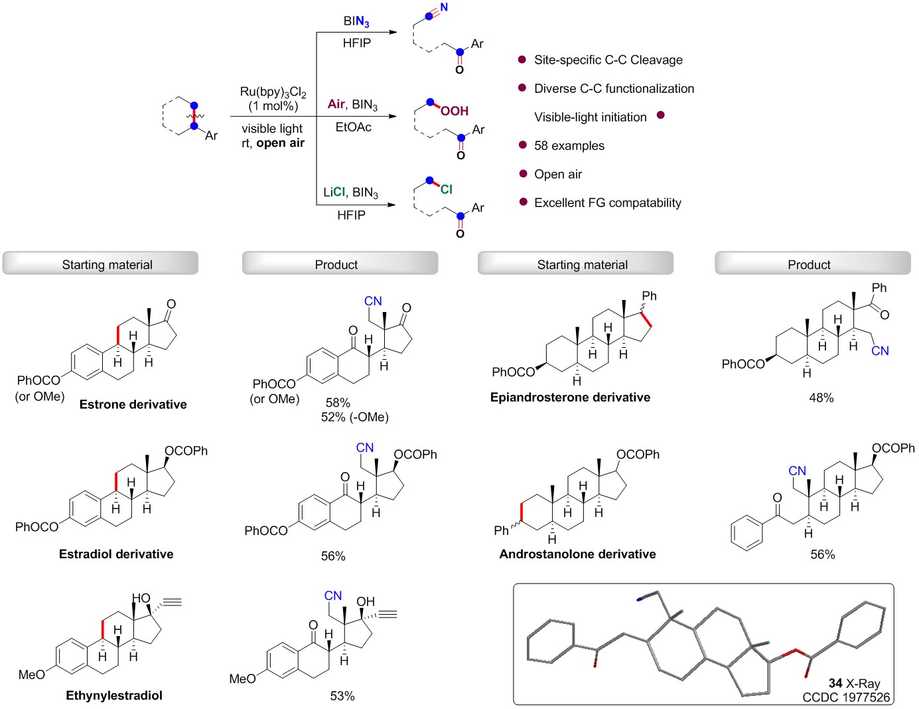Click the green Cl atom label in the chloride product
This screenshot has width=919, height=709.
447,189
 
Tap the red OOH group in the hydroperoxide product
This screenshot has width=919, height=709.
455,111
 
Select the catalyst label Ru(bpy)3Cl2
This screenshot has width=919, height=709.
273,92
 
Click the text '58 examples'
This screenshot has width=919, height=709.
569,145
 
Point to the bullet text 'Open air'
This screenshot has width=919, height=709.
558,174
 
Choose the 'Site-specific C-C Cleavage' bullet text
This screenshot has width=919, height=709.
608,60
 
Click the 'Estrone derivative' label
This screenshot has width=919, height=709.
133,404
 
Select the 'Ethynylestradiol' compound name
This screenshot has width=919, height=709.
114,695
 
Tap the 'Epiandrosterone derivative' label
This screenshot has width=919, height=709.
570,397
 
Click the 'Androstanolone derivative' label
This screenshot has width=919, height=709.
577,554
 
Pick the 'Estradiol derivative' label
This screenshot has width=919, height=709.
116,554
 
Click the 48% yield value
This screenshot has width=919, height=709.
821,398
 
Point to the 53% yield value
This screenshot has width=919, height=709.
342,696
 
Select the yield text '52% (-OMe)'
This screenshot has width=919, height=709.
354,417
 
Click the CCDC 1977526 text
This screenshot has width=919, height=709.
846,697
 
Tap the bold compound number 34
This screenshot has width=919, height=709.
835,683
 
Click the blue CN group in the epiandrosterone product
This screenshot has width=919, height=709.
880,351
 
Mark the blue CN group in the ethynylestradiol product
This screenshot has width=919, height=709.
333,595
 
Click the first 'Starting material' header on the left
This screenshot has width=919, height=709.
107,264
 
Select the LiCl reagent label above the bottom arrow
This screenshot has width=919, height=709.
334,192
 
